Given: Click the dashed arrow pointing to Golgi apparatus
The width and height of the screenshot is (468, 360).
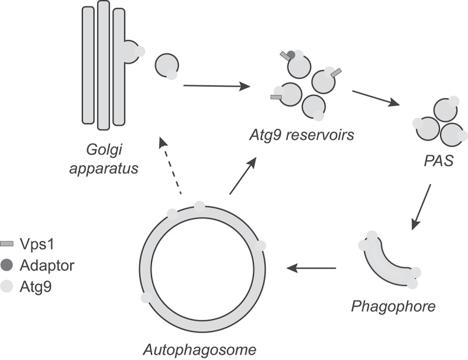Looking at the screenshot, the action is [x=171, y=166].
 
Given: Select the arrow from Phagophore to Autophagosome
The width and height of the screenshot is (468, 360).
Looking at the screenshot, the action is [x=311, y=268].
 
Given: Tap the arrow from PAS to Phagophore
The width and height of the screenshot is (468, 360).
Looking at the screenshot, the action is [x=422, y=207].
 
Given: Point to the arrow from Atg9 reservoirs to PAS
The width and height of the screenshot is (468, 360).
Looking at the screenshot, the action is [x=376, y=98].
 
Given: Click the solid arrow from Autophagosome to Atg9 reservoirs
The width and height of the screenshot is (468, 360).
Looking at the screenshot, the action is [x=243, y=176].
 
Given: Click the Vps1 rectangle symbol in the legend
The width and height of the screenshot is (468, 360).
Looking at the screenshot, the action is [x=7, y=244].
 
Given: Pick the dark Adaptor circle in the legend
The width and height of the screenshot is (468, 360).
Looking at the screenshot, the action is [x=7, y=265].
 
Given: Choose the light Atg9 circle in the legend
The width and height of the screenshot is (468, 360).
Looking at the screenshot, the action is [x=6, y=286].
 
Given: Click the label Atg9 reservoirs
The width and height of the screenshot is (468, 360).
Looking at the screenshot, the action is [x=302, y=135].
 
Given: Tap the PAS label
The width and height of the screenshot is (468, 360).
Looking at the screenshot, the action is [x=439, y=161].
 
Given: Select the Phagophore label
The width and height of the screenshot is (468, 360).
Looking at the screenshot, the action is [x=393, y=306].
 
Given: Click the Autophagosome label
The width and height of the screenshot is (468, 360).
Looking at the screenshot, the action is [x=199, y=349].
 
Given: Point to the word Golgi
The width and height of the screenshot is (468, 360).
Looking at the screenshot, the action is [x=104, y=150].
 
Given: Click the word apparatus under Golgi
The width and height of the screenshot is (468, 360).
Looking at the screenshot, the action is [x=104, y=168].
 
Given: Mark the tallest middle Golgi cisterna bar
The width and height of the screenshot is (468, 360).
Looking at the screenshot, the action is [x=104, y=65].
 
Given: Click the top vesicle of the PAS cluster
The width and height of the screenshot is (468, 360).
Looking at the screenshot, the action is [x=445, y=111].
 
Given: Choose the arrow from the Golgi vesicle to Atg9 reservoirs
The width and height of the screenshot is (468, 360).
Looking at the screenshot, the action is [x=216, y=86].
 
